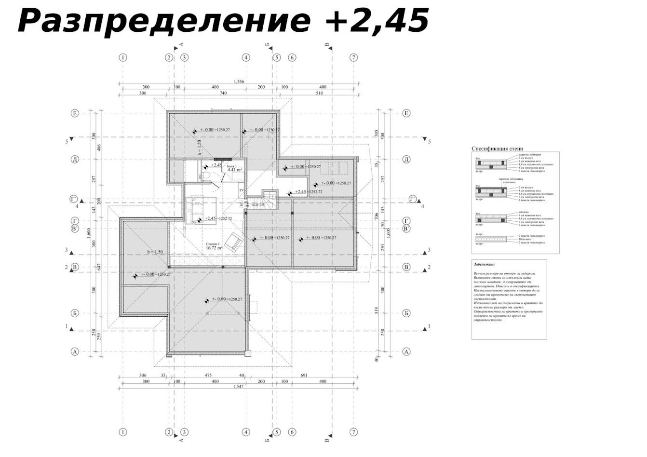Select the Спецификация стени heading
tap(497, 149)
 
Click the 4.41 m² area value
tap(235, 170)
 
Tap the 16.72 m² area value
tap(212, 249)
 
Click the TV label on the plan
tap(242, 190)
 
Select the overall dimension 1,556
tap(239, 82)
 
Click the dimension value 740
tap(223, 93)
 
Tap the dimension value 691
tap(304, 375)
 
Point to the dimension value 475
tap(208, 375)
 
